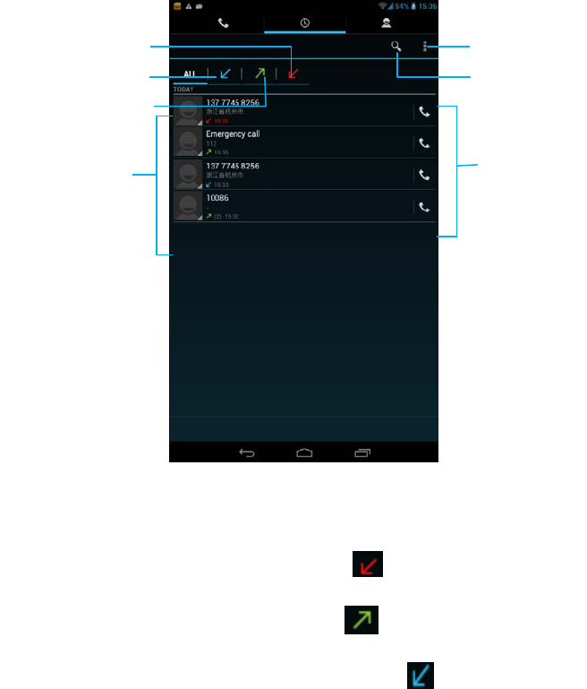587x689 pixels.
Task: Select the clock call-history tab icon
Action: coord(304,22)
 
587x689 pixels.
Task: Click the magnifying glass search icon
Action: coord(396,47)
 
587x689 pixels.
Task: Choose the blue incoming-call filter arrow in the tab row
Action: coord(225,73)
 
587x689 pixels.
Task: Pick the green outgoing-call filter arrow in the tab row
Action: coord(259,73)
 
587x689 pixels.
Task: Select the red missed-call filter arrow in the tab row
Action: coord(293,73)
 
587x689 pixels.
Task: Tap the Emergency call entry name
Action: coord(233,133)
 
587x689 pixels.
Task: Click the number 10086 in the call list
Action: coord(217,198)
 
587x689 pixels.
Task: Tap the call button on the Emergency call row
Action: coord(424,143)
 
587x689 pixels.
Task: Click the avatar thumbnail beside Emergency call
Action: coord(187,142)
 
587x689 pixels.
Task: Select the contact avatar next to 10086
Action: coord(187,206)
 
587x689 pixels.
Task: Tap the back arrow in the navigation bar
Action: coord(246,453)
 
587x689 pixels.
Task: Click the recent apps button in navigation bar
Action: coord(362,453)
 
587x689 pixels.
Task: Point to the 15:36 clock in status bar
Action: coord(427,5)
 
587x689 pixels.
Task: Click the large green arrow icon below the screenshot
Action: coord(362,619)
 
